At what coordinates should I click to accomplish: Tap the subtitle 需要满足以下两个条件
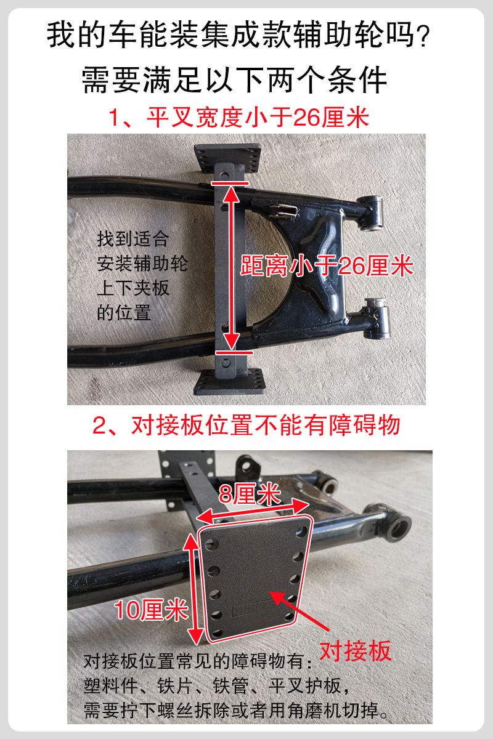(x=234, y=79)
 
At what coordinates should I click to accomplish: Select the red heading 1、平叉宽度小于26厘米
(x=238, y=118)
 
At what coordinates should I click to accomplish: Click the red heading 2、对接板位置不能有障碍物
(x=246, y=425)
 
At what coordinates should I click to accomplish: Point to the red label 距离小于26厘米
(x=327, y=265)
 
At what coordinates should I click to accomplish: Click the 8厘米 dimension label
(x=250, y=494)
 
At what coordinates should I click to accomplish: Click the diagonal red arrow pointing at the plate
(x=300, y=613)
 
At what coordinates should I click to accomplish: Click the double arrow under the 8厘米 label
(x=254, y=510)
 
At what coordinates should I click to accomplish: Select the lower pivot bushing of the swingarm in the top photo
(x=377, y=318)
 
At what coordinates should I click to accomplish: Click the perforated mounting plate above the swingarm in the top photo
(x=227, y=158)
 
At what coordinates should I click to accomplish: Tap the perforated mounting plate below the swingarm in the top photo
(x=230, y=382)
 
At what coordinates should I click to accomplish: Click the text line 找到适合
(x=132, y=239)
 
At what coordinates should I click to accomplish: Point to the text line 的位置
(x=124, y=312)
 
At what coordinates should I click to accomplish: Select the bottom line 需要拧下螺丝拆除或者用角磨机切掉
(x=236, y=711)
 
